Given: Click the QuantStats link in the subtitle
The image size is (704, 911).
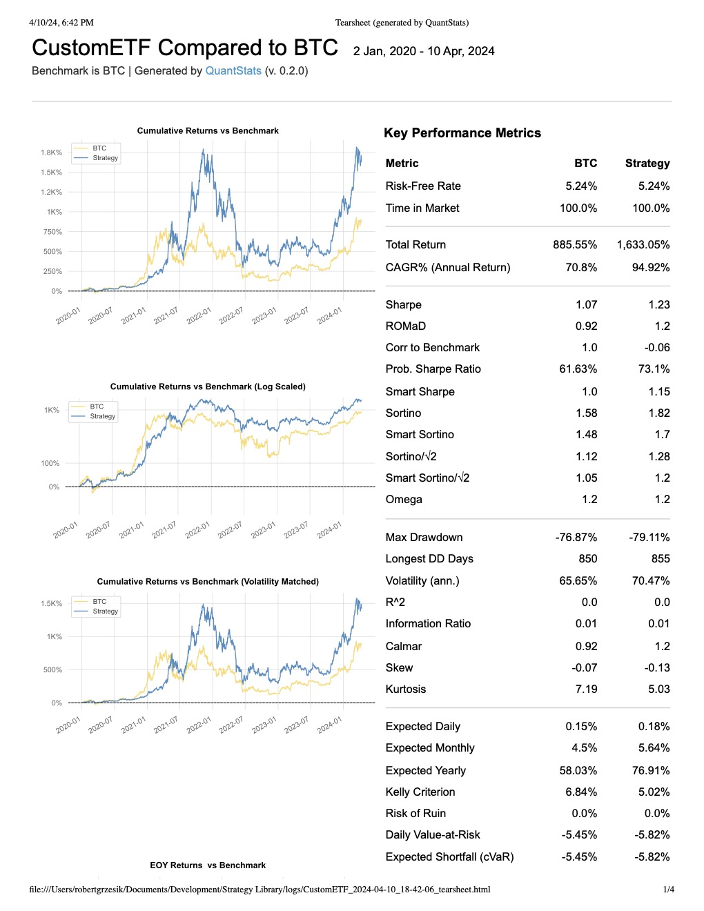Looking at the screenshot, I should [233, 70].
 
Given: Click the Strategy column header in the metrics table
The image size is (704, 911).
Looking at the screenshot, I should [647, 163].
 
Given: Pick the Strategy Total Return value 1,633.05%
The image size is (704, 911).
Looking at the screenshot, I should [643, 244].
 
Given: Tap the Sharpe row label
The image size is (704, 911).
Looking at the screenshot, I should [404, 304].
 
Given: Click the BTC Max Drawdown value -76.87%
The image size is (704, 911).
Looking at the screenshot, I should [576, 537].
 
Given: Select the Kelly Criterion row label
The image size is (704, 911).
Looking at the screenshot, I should [420, 792].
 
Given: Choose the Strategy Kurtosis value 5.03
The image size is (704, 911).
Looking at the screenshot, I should [659, 689].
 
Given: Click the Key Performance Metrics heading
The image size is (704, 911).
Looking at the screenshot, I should [462, 133].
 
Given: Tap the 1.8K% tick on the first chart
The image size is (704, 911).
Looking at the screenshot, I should [51, 153].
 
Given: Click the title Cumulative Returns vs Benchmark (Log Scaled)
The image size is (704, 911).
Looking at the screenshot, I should [208, 386].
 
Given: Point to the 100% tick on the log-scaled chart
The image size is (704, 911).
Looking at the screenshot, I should [50, 463].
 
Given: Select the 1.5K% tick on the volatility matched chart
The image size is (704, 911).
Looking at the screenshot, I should [51, 603].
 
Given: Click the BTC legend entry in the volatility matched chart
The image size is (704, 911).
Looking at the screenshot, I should [99, 601].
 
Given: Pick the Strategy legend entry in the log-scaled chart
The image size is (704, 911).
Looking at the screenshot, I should [103, 416].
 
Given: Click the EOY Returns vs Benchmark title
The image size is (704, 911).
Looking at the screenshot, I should [208, 865].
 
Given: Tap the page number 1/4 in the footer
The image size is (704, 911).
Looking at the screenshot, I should [668, 889].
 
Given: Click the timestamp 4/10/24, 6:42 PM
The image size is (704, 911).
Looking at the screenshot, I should [61, 22].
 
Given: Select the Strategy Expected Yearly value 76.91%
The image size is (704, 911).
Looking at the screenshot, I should [651, 770].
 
